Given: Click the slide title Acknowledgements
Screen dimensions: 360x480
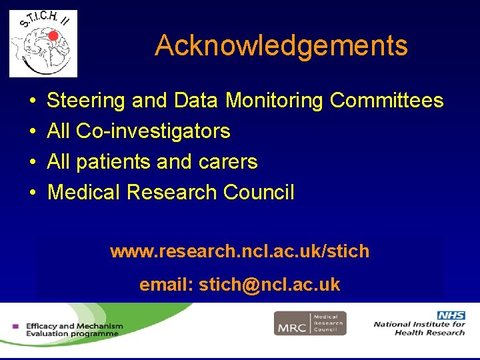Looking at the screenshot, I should [281, 45].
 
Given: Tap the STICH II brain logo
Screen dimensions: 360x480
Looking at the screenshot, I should [43, 43].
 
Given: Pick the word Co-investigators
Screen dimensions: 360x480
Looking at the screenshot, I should [153, 131].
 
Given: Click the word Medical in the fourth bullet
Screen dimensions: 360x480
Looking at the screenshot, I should [84, 193].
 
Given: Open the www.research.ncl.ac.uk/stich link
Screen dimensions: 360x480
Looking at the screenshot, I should [239, 251].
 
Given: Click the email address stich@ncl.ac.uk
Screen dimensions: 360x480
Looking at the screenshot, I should [269, 285].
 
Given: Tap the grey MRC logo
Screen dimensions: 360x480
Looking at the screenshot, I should [310, 323].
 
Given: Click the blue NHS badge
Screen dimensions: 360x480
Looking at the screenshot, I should [451, 315].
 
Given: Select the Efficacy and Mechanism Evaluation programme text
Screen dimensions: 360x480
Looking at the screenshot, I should [74, 330].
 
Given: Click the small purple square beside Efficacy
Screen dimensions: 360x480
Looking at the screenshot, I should [15, 327].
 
